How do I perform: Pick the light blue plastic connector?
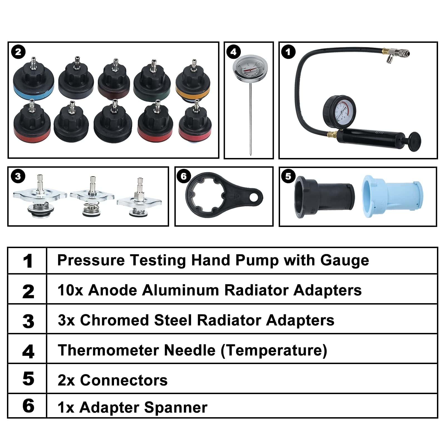pyautogui.click(x=392, y=196)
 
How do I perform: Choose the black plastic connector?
pyautogui.click(x=324, y=197)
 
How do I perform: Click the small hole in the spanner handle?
pyautogui.click(x=254, y=197)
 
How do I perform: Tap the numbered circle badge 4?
pyautogui.click(x=234, y=52)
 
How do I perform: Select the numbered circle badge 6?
pyautogui.click(x=184, y=176)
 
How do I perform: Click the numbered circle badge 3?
pyautogui.click(x=18, y=176)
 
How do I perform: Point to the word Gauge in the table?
pyautogui.click(x=345, y=261)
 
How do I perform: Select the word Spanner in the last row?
pyautogui.click(x=176, y=408)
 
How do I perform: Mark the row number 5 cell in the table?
pyautogui.click(x=28, y=379)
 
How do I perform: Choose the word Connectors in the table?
pyautogui.click(x=124, y=380)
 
